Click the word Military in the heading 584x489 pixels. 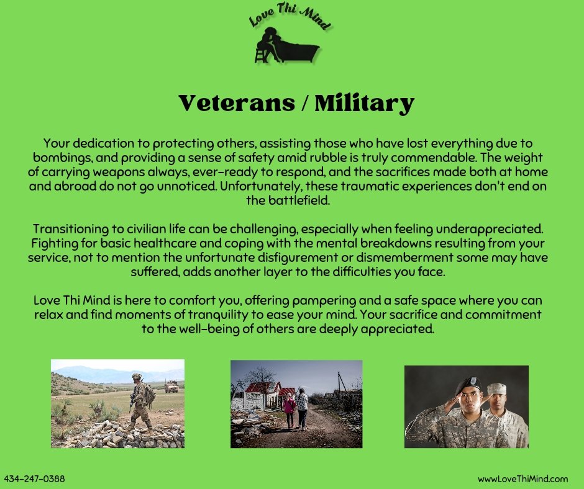click(x=363, y=103)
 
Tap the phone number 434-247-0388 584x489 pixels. click(x=35, y=479)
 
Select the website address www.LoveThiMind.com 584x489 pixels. click(x=522, y=479)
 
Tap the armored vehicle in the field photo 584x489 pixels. click(x=171, y=387)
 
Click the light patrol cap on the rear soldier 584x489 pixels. click(x=496, y=388)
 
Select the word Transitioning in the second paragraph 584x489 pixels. click(x=68, y=228)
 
